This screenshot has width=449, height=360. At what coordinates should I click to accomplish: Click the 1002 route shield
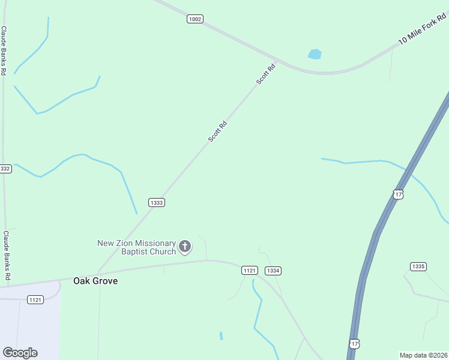click(x=194, y=19)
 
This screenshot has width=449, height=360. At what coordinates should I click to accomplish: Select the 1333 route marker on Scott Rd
click(x=157, y=203)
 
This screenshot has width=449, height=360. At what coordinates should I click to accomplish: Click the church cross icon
click(x=185, y=245)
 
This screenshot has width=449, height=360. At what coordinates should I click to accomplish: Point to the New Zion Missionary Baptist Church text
click(x=137, y=247)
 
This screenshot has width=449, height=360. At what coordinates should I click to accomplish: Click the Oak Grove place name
click(x=95, y=281)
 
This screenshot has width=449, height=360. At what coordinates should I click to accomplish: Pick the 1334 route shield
click(x=273, y=271)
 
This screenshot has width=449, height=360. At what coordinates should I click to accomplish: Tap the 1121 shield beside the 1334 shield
click(x=250, y=271)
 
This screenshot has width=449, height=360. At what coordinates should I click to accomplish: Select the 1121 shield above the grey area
click(x=35, y=299)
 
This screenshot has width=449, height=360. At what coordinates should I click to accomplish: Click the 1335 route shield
click(x=418, y=266)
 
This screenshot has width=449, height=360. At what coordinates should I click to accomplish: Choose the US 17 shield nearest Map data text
click(x=354, y=344)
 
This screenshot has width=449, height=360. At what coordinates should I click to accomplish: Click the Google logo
click(x=20, y=353)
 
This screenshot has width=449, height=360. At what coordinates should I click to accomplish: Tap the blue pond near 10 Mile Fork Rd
click(x=315, y=55)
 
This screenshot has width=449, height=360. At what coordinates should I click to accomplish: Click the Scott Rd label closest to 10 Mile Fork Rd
click(x=266, y=74)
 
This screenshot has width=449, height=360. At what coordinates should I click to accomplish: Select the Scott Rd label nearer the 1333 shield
click(x=217, y=132)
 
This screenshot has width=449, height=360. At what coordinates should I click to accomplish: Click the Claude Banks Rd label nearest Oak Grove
click(x=6, y=256)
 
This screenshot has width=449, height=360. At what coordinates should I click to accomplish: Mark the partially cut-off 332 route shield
click(x=5, y=169)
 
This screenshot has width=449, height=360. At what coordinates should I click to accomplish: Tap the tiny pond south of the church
click(x=221, y=335)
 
